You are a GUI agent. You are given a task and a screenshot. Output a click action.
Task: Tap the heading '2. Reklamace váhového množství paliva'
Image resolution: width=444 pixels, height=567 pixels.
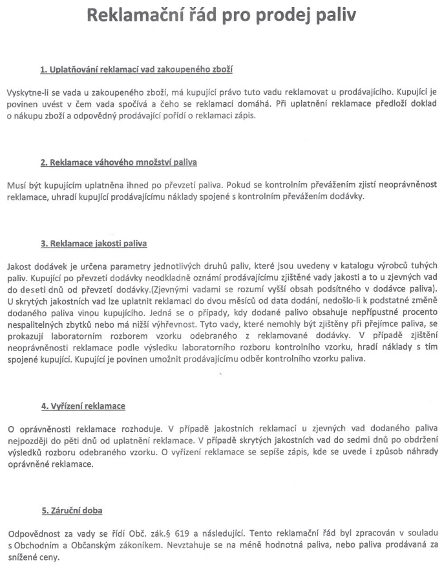119,162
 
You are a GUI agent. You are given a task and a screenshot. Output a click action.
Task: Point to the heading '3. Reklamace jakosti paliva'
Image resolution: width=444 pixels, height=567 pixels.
94,244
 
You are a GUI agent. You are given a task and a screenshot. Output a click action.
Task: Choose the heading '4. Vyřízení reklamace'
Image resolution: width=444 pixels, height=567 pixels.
83,407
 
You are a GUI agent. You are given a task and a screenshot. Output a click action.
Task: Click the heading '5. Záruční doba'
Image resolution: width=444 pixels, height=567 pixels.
72,512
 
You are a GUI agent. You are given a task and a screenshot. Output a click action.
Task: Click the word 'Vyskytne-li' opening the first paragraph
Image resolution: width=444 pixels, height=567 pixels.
27,93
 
